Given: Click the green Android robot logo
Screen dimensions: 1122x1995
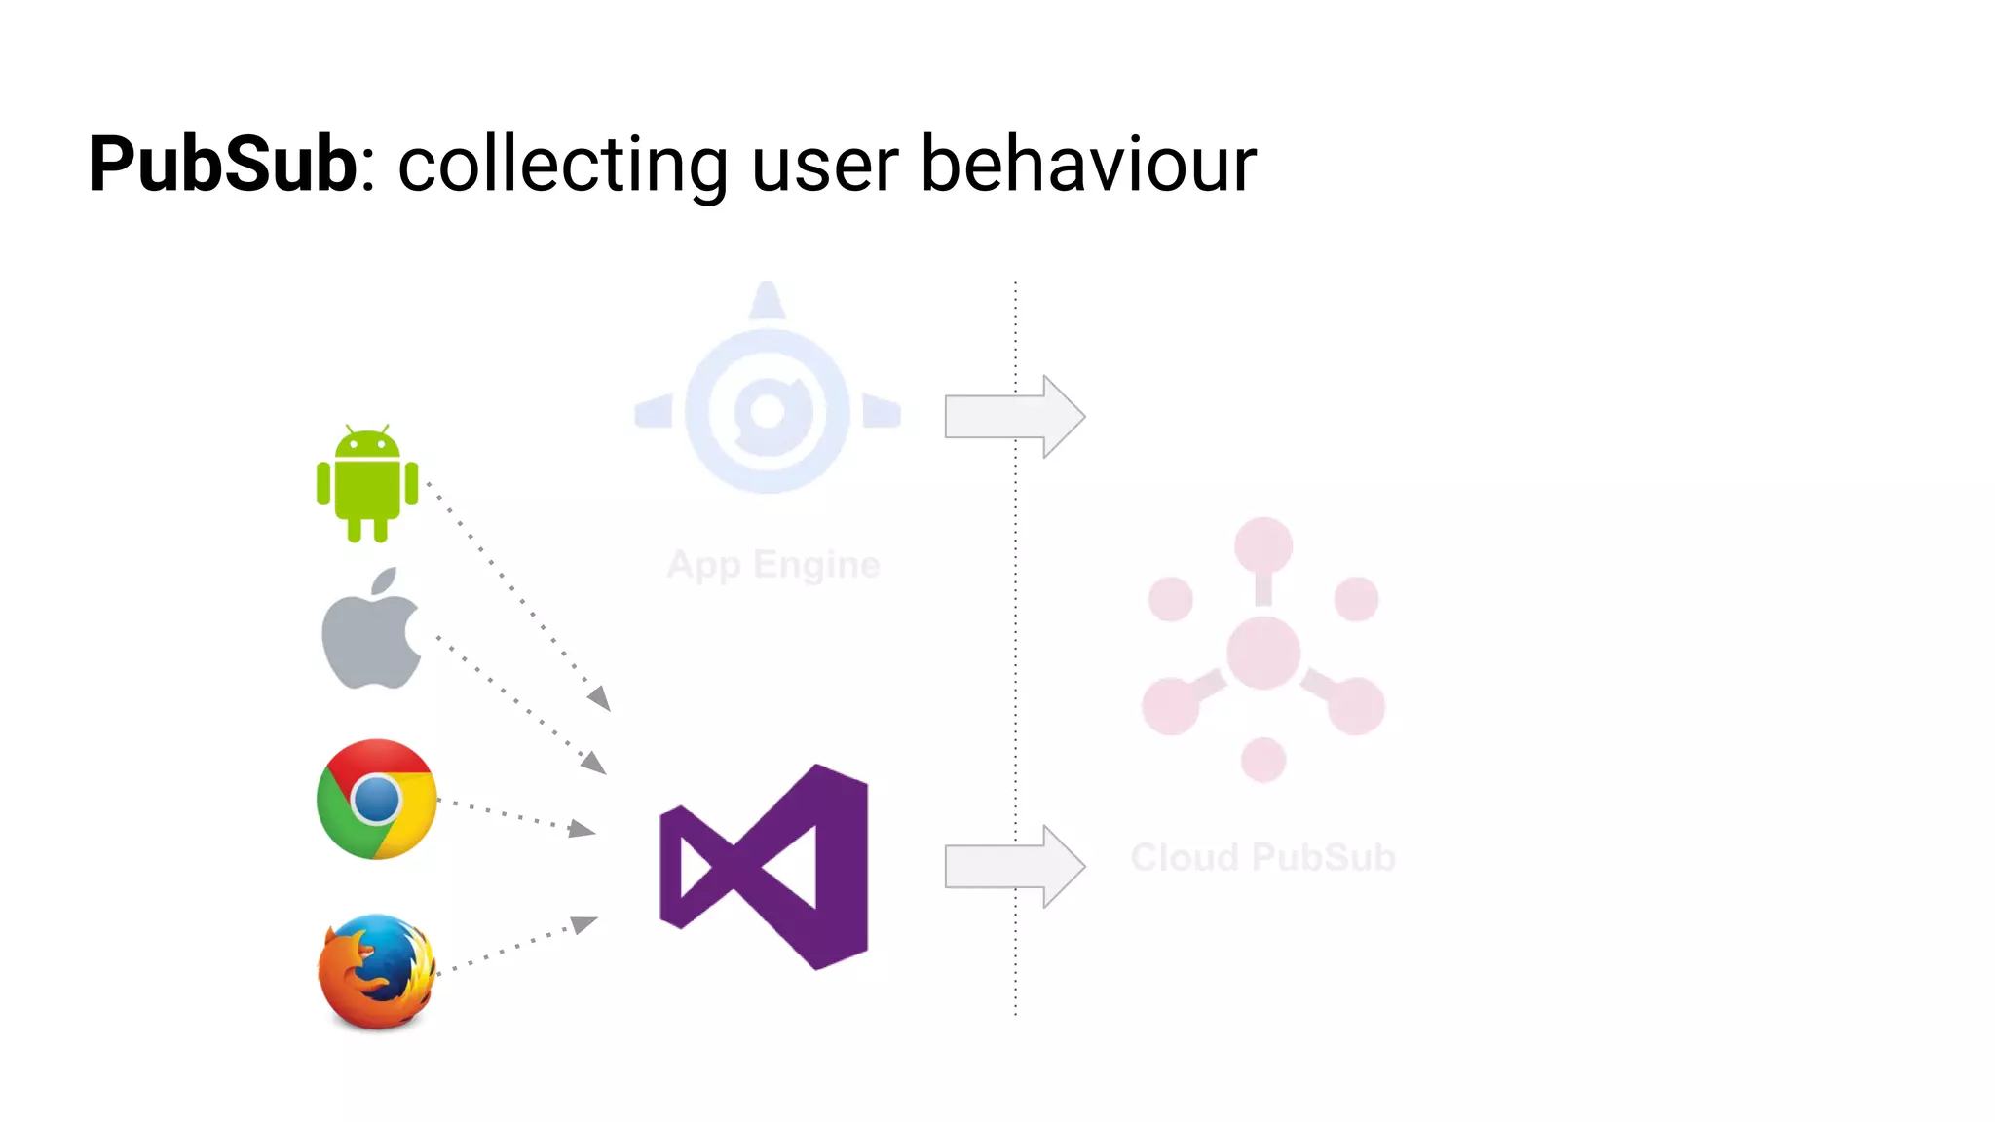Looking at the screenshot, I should tap(367, 483).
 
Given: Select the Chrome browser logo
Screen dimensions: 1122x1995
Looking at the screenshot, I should tap(376, 799).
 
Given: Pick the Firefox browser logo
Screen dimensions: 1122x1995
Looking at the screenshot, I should tap(377, 971).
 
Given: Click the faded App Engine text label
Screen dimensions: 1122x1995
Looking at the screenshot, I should tap(773, 565).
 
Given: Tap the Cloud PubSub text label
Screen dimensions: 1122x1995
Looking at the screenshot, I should tap(1262, 858).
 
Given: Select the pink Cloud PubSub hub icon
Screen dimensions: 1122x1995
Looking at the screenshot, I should tap(1263, 651).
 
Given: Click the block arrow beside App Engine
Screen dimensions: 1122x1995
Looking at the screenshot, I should tap(1013, 417).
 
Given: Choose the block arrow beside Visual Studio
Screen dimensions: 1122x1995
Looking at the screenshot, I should tap(1013, 867).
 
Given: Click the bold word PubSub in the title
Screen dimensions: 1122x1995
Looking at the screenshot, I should tap(223, 164).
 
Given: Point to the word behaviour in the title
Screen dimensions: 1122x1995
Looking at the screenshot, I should tap(1088, 164).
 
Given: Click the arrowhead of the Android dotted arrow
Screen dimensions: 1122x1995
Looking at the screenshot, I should tap(600, 698).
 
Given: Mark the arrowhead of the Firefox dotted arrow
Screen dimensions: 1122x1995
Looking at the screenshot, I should tap(584, 923).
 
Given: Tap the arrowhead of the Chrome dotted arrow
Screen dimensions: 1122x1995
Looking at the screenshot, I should tap(583, 829).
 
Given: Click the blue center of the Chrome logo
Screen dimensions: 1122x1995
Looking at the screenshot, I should tap(377, 801).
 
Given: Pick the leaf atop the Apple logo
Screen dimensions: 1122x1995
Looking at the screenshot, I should tap(385, 580).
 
